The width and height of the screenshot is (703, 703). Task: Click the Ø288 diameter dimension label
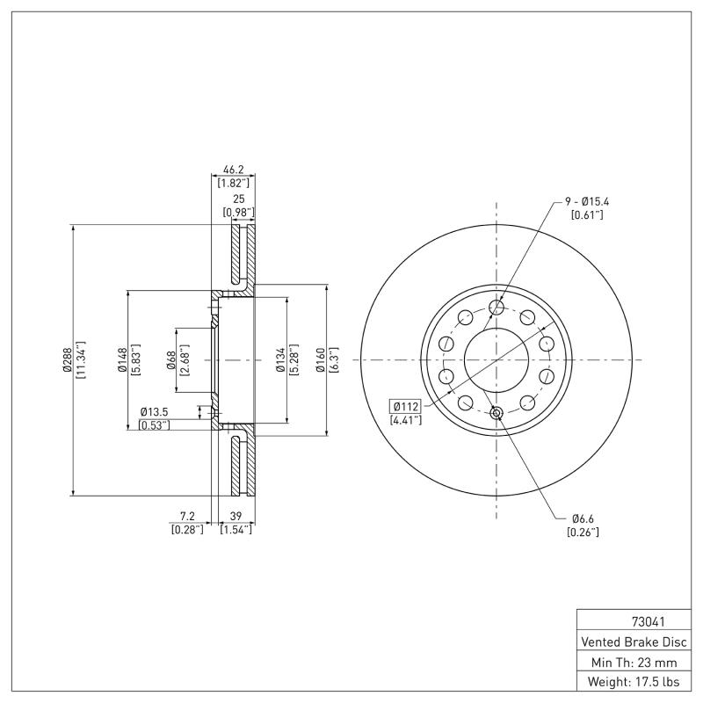coord(66,360)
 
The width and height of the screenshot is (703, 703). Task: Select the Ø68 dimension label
coord(170,360)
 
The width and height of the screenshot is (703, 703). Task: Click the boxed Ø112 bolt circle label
coord(406,406)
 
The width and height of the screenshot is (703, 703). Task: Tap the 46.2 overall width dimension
coord(234,170)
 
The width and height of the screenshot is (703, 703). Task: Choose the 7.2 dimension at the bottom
coord(186,517)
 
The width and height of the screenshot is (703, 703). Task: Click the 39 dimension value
coord(236,517)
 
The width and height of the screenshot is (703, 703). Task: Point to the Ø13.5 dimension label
coord(155,412)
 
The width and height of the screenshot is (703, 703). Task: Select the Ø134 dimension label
coord(279,360)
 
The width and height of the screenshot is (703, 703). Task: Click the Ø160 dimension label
coord(321,360)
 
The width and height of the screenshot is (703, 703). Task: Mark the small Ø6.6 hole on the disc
coord(496,413)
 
